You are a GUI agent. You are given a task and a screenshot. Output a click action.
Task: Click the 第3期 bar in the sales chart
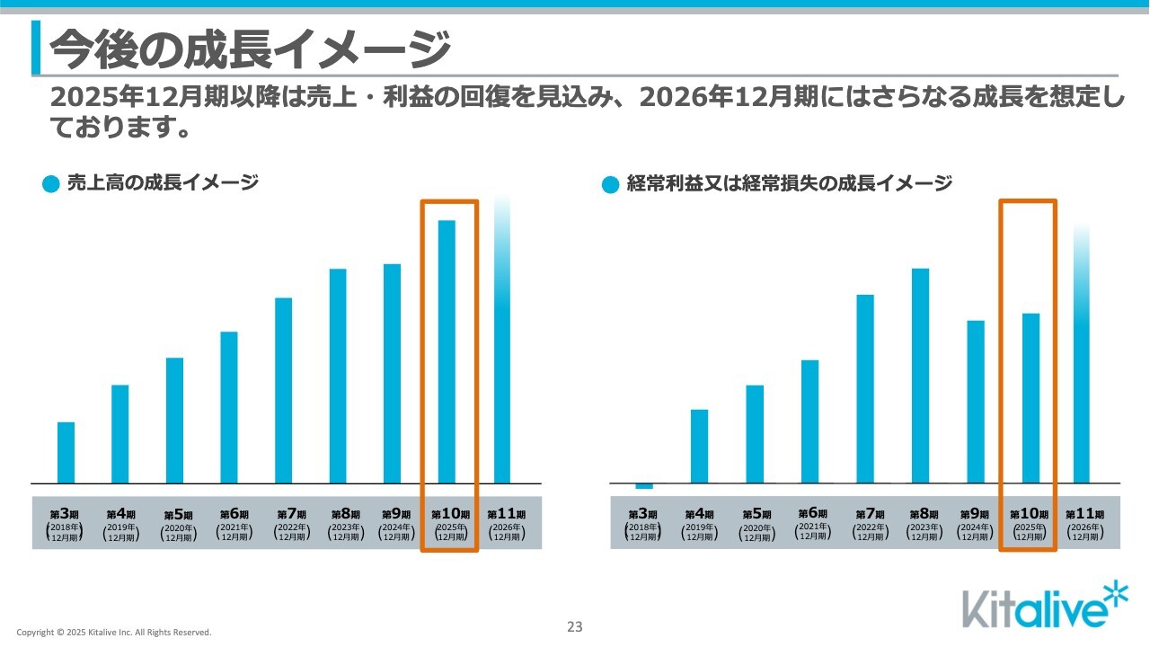coord(66,452)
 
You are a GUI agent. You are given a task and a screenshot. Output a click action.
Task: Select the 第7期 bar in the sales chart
coord(284,390)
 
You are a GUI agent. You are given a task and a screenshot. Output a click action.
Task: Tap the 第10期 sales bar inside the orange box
coord(447,351)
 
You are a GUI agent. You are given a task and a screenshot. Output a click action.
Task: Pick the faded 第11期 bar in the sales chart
coord(502,341)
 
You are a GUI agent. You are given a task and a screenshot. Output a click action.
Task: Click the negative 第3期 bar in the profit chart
coord(644,486)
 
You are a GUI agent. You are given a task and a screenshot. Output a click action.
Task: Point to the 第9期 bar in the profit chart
coord(976,402)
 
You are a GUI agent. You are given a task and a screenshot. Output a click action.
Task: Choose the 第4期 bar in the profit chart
coord(699,446)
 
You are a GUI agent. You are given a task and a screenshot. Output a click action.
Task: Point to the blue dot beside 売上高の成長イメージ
coord(51,184)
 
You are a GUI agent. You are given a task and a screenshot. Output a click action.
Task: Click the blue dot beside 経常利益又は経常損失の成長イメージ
coord(611,185)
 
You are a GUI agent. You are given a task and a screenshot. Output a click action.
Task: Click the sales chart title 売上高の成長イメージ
coord(163,183)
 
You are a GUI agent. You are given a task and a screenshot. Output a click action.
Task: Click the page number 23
coord(575,626)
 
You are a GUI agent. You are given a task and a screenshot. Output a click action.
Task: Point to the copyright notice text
coord(114,633)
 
